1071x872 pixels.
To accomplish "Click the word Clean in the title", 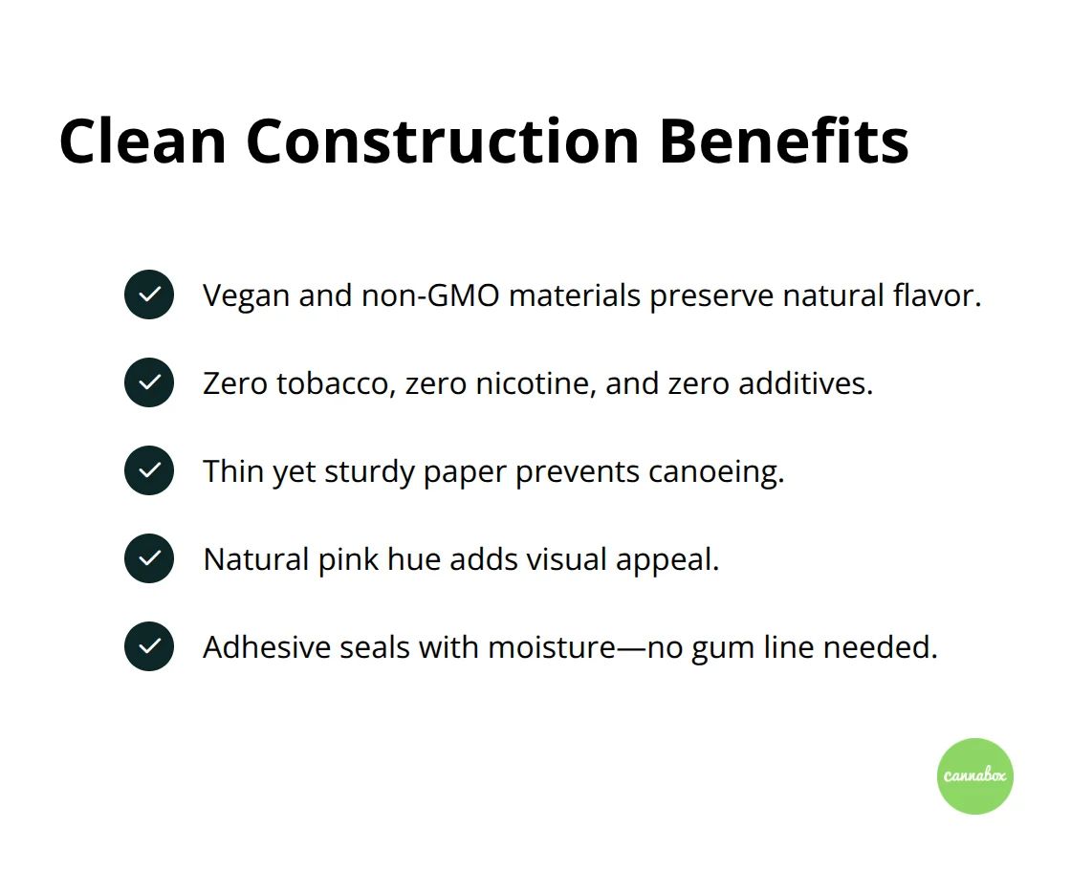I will [x=142, y=142].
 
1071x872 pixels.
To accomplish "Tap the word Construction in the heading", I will [x=442, y=142].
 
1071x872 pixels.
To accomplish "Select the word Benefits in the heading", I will [x=783, y=142].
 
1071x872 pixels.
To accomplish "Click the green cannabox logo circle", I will [x=974, y=775].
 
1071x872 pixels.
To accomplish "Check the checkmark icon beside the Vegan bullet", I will [x=149, y=294].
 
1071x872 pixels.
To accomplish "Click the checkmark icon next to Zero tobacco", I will [x=149, y=382].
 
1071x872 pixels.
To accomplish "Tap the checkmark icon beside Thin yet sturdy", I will [x=149, y=470].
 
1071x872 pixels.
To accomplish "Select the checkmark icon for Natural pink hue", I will [x=149, y=558].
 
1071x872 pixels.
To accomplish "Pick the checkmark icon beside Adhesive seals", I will [x=149, y=646].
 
